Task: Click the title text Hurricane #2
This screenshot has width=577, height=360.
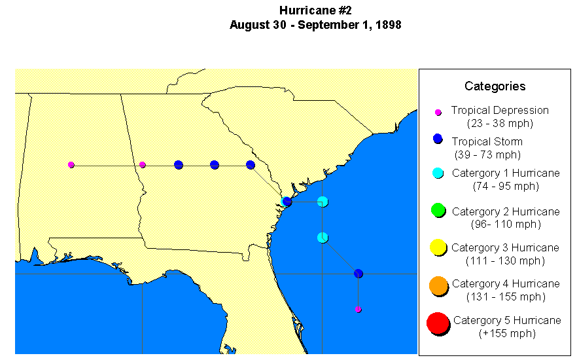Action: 315,10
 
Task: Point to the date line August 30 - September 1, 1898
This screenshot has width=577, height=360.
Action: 315,25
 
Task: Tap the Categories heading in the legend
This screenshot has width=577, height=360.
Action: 495,86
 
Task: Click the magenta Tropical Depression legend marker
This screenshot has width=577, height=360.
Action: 438,112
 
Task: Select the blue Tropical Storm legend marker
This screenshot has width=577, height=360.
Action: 438,139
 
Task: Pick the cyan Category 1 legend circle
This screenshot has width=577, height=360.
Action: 438,173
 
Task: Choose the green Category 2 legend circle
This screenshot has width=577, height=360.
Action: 438,210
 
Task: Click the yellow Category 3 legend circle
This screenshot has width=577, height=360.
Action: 438,247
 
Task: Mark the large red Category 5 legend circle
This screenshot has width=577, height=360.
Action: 438,323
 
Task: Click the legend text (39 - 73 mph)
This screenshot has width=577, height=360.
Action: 487,154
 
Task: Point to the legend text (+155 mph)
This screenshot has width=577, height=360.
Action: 506,333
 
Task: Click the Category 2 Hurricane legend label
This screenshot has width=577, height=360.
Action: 506,211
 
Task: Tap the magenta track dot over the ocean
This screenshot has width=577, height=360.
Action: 358,309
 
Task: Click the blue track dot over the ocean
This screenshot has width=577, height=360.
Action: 358,273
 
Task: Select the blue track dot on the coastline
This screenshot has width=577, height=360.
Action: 287,202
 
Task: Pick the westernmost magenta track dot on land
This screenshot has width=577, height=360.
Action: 71,165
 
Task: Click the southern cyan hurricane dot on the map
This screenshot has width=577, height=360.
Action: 323,237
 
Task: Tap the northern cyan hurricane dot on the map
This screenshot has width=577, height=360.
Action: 323,202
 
